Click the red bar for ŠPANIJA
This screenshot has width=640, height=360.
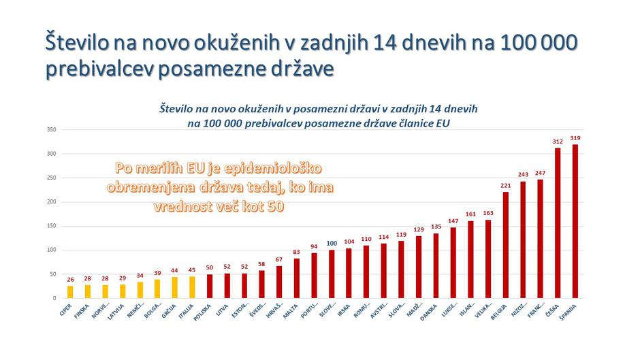point(575,221)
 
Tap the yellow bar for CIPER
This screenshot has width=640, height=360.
point(70,292)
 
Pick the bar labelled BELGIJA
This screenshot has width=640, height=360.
point(505,245)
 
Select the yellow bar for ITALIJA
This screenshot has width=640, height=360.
point(192,287)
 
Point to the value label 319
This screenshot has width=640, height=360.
point(575,138)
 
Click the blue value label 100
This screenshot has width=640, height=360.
point(332,243)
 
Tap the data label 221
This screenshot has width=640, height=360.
point(505,186)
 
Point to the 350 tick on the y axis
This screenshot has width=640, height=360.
point(51,129)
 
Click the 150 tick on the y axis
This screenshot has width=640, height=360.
point(51,226)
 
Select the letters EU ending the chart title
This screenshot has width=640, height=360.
point(443,123)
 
